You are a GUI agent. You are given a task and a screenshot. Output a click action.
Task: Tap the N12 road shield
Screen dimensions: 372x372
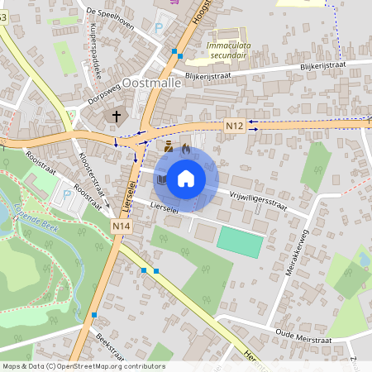(x=233, y=126)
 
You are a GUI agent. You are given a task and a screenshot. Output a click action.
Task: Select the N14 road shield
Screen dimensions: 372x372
(x=122, y=225)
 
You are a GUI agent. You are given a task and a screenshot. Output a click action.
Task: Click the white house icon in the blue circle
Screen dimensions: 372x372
(x=186, y=177)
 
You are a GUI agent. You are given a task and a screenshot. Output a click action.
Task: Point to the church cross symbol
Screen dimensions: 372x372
(x=117, y=117)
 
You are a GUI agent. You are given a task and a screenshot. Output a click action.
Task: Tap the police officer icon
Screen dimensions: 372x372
(x=169, y=147)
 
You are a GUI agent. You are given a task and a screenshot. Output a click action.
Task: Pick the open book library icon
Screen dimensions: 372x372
(x=163, y=179)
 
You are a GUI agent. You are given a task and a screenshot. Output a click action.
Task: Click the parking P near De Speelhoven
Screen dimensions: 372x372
(x=159, y=28)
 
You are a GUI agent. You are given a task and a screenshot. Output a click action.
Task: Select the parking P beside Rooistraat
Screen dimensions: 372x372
(x=66, y=196)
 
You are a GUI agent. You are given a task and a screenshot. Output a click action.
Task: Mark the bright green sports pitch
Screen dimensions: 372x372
(x=241, y=241)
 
